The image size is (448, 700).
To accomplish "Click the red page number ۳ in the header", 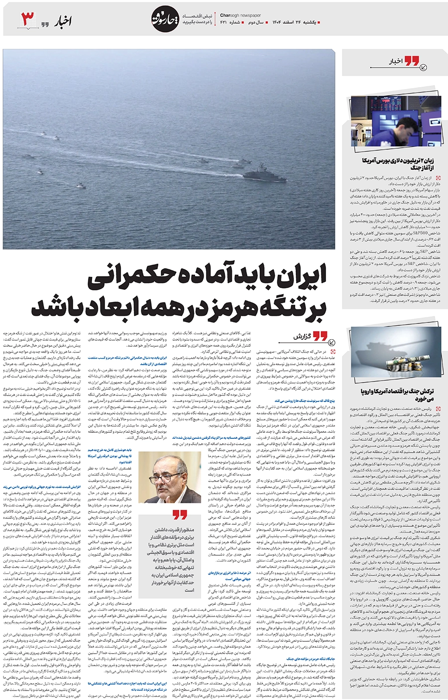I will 28,19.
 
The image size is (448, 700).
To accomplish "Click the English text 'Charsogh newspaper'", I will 240,15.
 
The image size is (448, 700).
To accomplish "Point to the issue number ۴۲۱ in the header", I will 224,23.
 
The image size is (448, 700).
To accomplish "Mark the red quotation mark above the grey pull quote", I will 180,514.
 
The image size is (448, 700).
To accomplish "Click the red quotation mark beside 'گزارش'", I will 320,336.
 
